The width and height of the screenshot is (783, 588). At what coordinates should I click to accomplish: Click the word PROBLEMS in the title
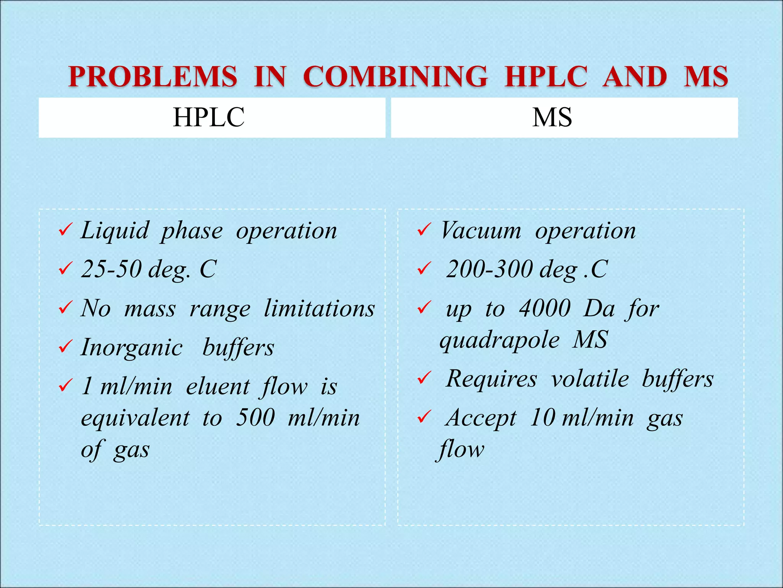pyautogui.click(x=153, y=76)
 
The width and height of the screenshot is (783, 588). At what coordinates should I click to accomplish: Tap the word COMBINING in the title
pyautogui.click(x=395, y=76)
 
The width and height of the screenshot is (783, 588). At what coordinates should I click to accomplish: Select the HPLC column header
pyautogui.click(x=209, y=117)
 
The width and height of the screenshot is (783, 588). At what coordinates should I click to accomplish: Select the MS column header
pyautogui.click(x=552, y=117)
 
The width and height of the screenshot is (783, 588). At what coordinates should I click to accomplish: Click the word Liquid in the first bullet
pyautogui.click(x=114, y=231)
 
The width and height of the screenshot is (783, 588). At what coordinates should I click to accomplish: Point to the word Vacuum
pyautogui.click(x=481, y=231)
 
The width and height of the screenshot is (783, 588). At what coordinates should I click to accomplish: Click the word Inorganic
pyautogui.click(x=132, y=348)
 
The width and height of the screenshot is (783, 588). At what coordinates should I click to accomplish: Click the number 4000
pyautogui.click(x=544, y=308)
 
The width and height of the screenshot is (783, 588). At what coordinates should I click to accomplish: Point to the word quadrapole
pyautogui.click(x=499, y=340)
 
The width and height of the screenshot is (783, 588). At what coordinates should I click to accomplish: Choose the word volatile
pyautogui.click(x=590, y=379)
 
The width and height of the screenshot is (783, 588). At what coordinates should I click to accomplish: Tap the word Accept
pyautogui.click(x=481, y=418)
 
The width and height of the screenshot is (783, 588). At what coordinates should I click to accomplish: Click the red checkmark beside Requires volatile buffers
pyautogui.click(x=424, y=378)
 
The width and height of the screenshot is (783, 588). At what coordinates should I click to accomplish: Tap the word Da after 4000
pyautogui.click(x=599, y=308)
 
